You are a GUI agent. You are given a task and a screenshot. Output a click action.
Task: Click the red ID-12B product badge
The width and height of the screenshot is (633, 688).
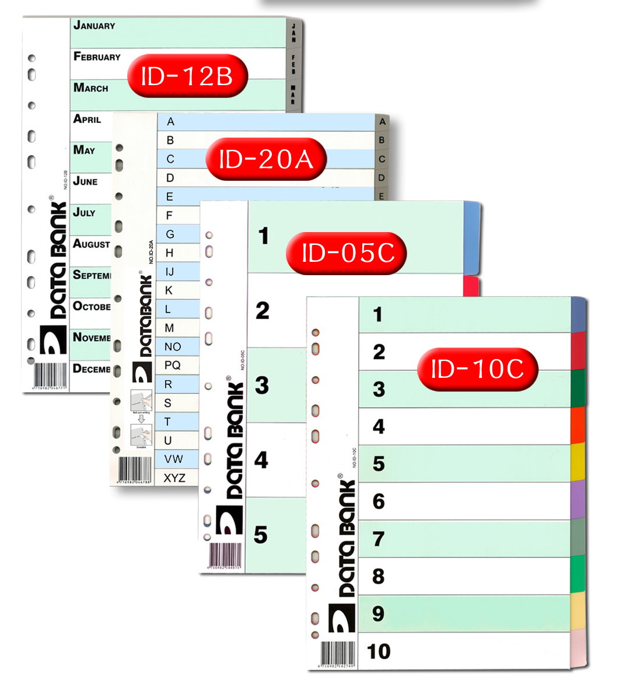[x=187, y=76]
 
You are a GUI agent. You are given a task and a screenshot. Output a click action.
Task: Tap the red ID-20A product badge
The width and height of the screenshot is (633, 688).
[x=266, y=159]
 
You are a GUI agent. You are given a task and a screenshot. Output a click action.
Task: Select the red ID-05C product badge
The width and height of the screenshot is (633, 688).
[x=347, y=253]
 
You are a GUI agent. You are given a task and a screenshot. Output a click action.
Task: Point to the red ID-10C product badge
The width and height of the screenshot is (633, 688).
[x=477, y=368]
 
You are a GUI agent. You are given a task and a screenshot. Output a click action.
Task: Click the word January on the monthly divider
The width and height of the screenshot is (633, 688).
[x=95, y=26]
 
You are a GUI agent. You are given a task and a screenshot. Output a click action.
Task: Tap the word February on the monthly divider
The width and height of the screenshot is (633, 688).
[x=97, y=57]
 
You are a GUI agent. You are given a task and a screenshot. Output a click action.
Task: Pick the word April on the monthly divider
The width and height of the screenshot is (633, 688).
[x=88, y=119]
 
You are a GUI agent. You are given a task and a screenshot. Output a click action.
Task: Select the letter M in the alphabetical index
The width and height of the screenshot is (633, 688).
[x=169, y=328]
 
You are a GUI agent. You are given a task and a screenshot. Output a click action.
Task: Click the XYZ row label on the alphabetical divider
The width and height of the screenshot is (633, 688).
[x=174, y=478]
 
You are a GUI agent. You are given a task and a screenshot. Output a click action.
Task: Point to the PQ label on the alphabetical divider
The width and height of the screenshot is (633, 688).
[x=172, y=366]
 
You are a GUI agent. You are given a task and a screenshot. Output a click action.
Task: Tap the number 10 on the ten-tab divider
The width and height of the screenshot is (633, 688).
[x=378, y=651]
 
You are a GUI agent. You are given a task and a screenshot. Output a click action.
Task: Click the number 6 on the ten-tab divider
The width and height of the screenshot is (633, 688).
[x=379, y=501]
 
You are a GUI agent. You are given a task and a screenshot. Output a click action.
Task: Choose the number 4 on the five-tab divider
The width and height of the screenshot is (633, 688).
[x=261, y=460]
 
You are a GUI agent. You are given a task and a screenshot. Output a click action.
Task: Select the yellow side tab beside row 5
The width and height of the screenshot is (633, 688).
[x=577, y=463]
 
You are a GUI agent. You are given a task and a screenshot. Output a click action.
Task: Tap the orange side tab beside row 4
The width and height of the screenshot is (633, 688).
[x=577, y=426]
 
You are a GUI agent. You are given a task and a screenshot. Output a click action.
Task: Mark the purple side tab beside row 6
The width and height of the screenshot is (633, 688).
[x=577, y=500]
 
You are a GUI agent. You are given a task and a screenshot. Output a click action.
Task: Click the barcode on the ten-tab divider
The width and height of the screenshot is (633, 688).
[x=334, y=654]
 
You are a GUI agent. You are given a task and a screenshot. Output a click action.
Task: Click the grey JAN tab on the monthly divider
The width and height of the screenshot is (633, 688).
[x=293, y=33]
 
